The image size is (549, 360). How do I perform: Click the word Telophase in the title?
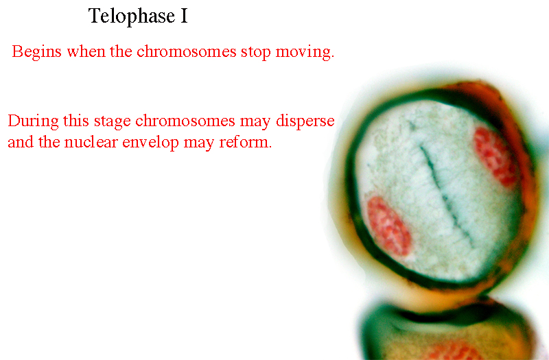click(132, 16)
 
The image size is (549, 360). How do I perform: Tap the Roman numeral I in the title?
click(184, 16)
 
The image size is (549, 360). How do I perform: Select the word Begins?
click(37, 52)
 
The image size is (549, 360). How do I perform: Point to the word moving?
click(305, 53)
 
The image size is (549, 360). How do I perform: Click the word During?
click(33, 121)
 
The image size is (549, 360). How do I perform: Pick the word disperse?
click(305, 121)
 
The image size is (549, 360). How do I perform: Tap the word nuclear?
click(91, 142)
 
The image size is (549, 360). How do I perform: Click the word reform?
click(245, 142)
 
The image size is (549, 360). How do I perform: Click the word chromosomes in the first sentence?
click(186, 52)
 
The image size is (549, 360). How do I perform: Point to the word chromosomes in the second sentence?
click(185, 121)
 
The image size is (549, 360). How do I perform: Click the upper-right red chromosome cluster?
click(495, 156)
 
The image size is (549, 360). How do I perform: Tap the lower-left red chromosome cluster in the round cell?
click(388, 226)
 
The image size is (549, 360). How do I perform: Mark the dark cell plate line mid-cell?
click(446, 196)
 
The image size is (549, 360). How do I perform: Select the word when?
click(86, 52)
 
